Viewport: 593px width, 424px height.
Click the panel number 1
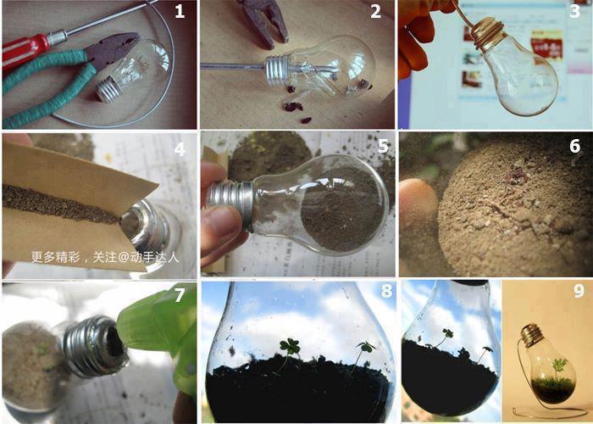coord(180,11)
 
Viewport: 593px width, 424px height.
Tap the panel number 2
coord(375,11)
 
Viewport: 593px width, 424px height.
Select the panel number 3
coord(574,11)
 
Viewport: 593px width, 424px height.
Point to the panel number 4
coord(180,149)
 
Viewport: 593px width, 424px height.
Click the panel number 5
coord(383,146)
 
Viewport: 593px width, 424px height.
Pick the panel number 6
coord(575,146)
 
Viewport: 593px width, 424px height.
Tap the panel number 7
coord(180,296)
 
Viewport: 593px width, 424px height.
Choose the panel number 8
coord(386,292)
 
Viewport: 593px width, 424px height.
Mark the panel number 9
coord(579,291)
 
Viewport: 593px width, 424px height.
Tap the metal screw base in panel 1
coord(108,89)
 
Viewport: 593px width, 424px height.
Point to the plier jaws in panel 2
coord(264,22)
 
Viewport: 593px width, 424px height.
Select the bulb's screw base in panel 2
coord(278,70)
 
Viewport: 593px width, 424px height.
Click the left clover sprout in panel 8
coord(290,347)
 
